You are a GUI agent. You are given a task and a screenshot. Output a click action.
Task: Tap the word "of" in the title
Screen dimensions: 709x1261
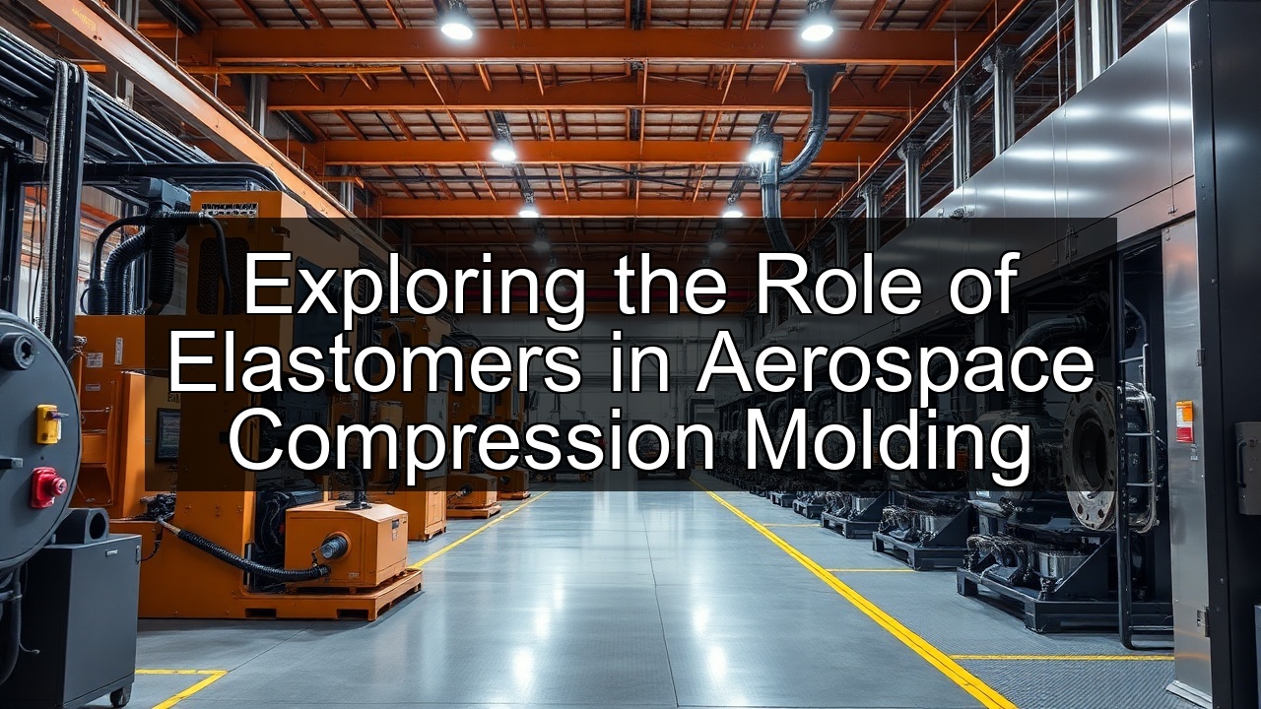coord(979,287)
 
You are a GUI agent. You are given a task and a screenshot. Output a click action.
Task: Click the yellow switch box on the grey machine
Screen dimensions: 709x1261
coord(47,423)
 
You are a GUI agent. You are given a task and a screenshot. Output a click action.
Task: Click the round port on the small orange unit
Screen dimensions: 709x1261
coord(332,547)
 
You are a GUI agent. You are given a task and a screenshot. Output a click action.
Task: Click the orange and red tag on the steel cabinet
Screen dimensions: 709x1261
coord(1183,420)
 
